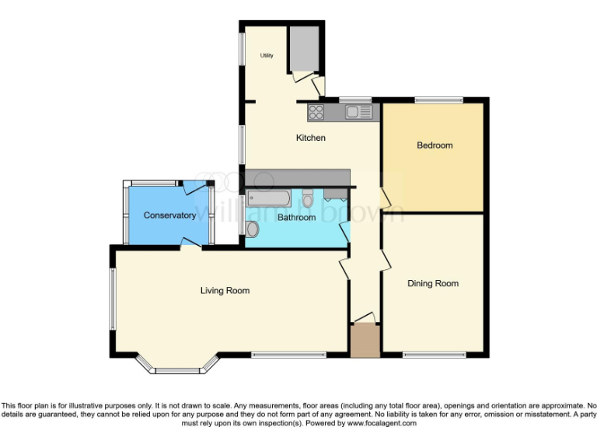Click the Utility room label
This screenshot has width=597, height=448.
point(267,56)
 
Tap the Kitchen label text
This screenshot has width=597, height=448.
point(310,138)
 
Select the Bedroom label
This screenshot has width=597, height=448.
point(435,145)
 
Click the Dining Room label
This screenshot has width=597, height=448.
point(433,284)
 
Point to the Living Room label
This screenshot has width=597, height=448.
point(225,291)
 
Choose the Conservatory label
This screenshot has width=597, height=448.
point(169,215)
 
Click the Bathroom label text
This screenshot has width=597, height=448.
point(296,218)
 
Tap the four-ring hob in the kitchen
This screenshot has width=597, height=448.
point(316,112)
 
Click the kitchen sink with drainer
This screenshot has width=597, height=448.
point(358,112)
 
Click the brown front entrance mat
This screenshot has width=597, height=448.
point(364,340)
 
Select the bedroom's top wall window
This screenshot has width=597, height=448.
point(438,100)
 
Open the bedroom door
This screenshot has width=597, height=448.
point(384,196)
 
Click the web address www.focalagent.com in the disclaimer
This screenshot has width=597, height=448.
point(382,424)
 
